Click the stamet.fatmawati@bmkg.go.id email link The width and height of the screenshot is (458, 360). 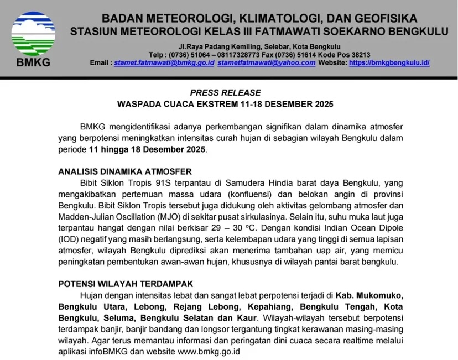coord(164,63)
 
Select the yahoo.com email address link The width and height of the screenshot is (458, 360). coord(267,63)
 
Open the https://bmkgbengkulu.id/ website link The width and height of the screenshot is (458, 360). coord(389,63)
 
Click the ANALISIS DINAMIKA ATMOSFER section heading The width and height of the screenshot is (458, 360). coord(125,171)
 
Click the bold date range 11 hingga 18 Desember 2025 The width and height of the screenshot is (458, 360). coord(147,149)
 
